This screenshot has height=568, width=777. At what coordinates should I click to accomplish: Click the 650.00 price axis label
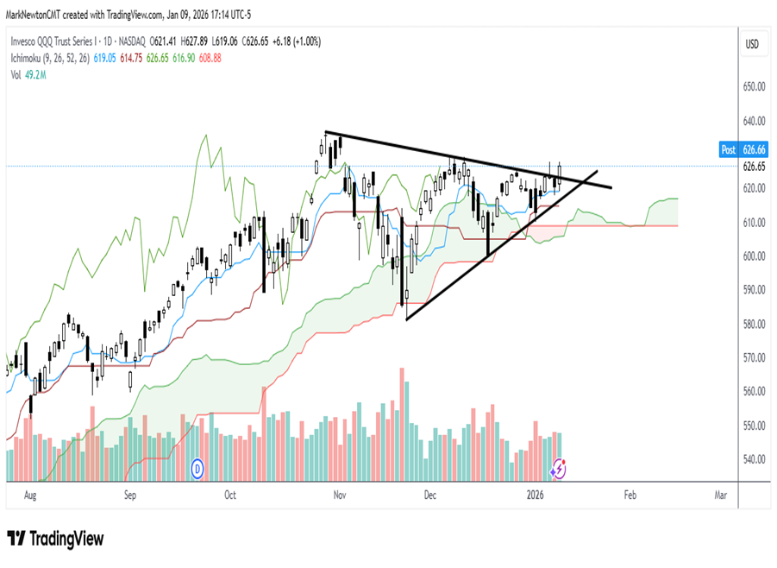755,86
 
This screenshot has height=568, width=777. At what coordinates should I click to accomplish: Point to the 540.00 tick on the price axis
755,459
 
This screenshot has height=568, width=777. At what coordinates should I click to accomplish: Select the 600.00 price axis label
755,256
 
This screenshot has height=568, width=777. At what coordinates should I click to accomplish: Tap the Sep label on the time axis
130,495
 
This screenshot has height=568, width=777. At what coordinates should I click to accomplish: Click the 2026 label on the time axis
536,495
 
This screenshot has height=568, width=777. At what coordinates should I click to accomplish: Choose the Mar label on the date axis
721,495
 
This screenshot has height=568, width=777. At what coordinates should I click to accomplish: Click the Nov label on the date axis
340,495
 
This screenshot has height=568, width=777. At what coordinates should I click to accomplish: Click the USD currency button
752,44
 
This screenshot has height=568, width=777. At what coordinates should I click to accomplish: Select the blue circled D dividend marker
197,468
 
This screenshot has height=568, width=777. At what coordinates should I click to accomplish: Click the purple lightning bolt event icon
559,469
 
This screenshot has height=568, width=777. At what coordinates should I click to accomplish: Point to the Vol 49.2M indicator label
28,75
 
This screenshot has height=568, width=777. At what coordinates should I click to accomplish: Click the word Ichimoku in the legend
29,58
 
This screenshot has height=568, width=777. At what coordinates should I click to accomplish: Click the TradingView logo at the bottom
55,539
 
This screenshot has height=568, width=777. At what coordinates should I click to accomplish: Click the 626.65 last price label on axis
755,167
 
